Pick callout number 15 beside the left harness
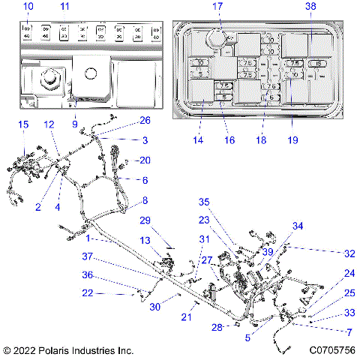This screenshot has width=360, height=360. (x=23, y=124)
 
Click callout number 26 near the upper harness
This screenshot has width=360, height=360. (x=145, y=120)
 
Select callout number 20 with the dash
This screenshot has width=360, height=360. (x=142, y=160)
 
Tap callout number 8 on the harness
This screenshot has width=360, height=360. (x=145, y=200)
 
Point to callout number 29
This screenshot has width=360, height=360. (x=145, y=220)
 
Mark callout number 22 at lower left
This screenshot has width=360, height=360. (x=88, y=292)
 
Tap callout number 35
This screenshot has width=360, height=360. (x=202, y=202)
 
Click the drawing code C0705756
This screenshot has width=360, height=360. (x=330, y=350)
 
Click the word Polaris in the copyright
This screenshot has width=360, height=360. (x=52, y=350)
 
